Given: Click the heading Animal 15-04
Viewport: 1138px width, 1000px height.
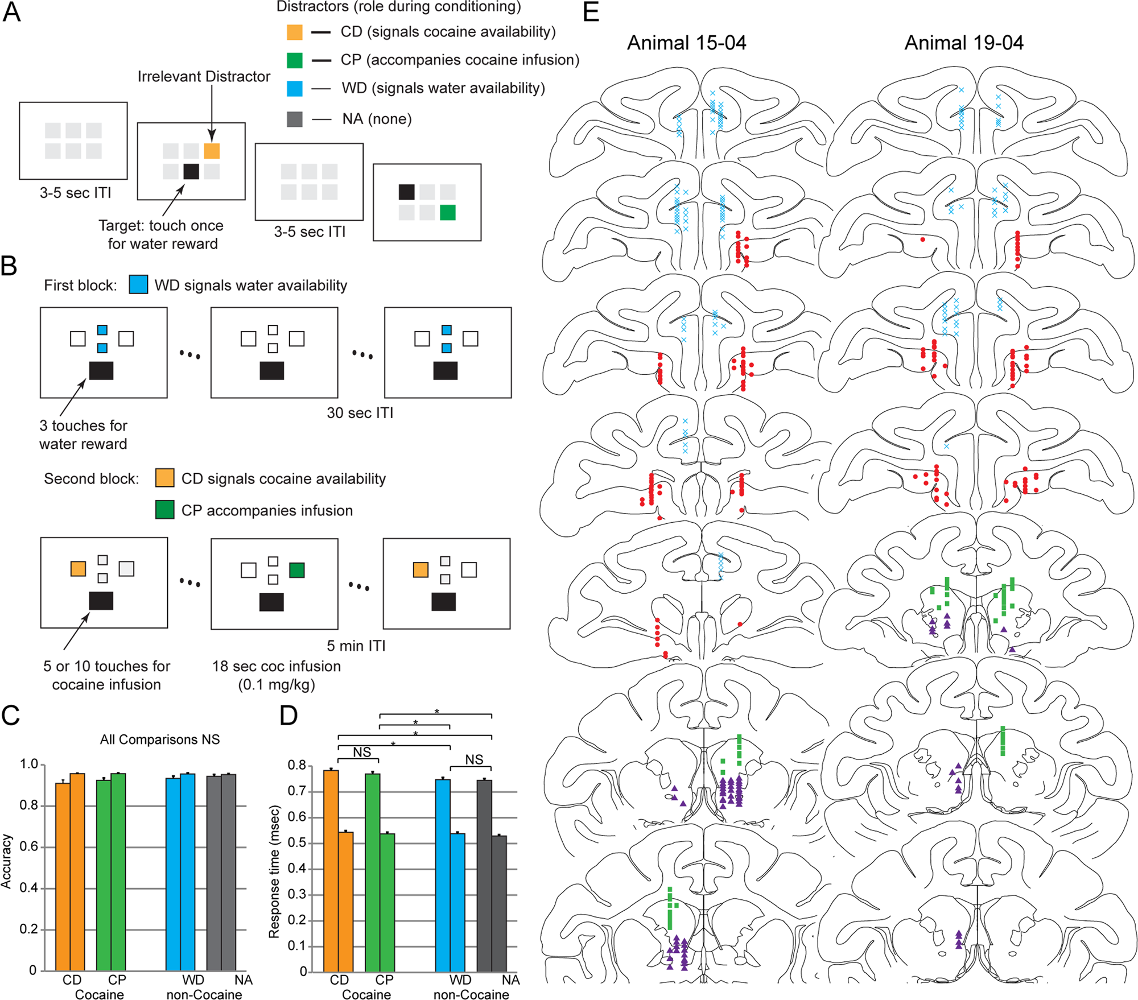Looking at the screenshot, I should [686, 43].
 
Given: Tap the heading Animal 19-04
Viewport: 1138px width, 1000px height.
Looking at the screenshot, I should [964, 43].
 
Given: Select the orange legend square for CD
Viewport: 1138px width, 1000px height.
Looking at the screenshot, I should [294, 32].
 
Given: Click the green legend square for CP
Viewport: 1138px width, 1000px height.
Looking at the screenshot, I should [294, 60].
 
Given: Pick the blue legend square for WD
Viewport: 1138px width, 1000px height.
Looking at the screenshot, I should [294, 88].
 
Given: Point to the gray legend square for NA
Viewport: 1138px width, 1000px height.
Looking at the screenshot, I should [294, 119].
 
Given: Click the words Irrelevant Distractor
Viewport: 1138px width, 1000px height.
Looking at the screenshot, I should [204, 76].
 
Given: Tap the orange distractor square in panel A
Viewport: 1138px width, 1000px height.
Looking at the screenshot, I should [212, 151].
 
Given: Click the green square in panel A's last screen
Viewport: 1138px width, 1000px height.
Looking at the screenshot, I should [448, 213].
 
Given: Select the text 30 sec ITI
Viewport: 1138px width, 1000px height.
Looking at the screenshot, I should [360, 413].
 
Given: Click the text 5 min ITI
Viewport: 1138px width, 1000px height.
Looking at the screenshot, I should [356, 646].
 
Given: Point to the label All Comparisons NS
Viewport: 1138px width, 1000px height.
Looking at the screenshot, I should [160, 739].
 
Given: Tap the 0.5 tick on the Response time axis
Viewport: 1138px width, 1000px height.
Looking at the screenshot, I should [296, 842].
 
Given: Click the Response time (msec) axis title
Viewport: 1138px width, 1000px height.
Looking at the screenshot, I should [274, 871].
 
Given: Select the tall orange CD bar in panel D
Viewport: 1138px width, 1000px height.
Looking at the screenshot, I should [331, 870].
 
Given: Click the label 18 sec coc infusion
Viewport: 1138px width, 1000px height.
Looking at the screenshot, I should [277, 666].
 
